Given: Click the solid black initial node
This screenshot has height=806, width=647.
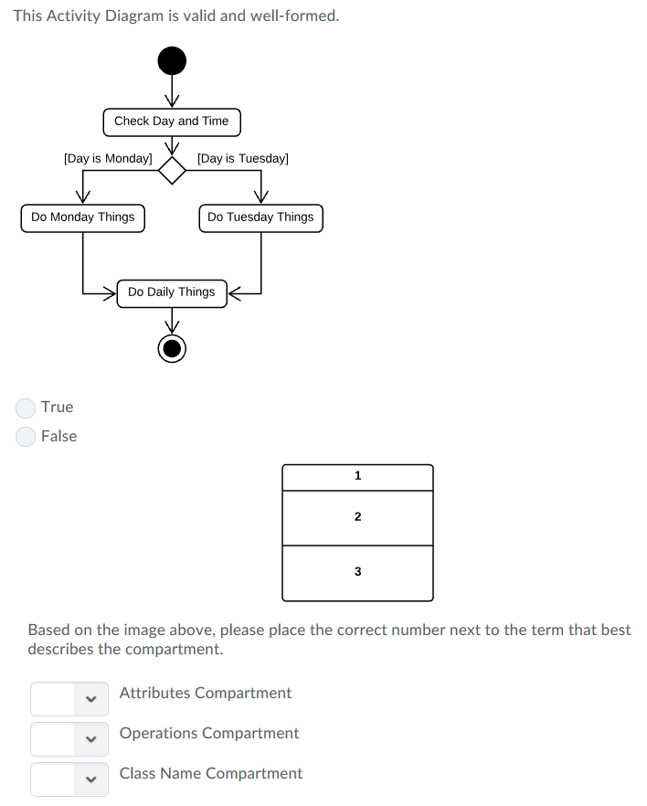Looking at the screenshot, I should (172, 61).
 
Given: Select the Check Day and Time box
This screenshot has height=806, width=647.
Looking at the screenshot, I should (172, 122).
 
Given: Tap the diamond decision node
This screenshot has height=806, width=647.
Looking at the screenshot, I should (172, 170).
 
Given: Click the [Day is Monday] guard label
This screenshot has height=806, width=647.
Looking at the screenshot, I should (108, 159).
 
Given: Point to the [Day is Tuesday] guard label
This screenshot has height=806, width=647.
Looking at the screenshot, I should (243, 159).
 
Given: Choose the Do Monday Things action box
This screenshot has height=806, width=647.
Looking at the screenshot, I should (82, 217).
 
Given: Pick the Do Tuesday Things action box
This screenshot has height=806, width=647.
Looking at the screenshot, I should (260, 217).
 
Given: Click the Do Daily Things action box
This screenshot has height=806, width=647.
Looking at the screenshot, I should (172, 292).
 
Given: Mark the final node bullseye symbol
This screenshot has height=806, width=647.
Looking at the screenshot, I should (172, 348).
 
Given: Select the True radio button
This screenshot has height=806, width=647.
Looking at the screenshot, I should (27, 408).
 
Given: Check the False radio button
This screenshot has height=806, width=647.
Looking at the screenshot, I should (27, 437).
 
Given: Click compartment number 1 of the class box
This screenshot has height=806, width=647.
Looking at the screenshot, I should (357, 476).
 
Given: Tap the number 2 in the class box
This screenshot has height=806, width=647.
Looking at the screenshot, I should (357, 517).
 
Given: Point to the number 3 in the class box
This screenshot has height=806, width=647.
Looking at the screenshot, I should (357, 572).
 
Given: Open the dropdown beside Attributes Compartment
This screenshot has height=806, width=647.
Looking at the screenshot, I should (69, 699).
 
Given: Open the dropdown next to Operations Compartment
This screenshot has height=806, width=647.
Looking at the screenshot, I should (69, 739).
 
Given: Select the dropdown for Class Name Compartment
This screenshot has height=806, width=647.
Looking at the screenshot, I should (69, 779).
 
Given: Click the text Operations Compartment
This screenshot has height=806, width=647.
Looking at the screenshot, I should (209, 733).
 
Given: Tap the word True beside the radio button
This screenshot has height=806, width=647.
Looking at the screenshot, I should (57, 408).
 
